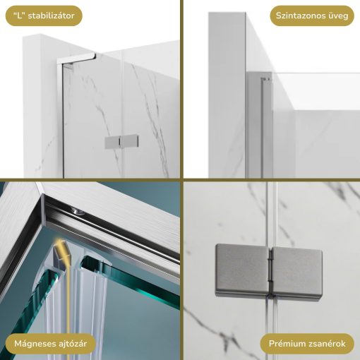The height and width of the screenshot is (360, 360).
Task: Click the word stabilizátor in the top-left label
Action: (x=51, y=16)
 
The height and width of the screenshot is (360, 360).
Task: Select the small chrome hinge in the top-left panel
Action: (x=114, y=143)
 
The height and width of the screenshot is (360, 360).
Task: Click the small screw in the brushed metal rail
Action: (x=77, y=210)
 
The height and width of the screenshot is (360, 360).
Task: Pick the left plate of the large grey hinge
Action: (x=241, y=268)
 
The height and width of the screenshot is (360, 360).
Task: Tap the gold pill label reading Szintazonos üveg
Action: (x=312, y=16)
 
